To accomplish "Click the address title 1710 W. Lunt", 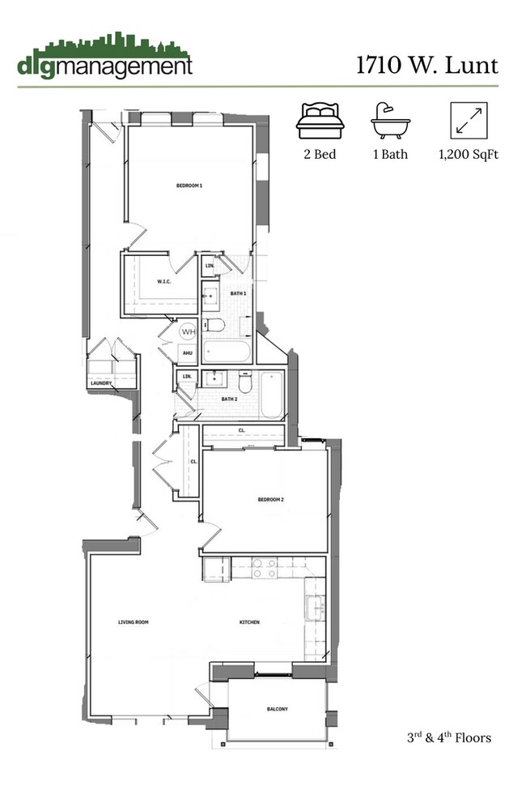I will [426, 64].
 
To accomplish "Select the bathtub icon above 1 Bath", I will [390, 121].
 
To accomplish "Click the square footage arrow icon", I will [468, 121].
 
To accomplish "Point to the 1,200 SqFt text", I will [468, 154].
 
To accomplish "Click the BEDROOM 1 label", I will [189, 186].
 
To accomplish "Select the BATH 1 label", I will [238, 293].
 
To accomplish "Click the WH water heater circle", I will [187, 332].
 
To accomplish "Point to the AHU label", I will [187, 353].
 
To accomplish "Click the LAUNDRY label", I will [101, 383].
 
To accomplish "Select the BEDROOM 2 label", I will [270, 500].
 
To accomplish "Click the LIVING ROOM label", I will [134, 622].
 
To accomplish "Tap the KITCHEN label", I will [248, 622].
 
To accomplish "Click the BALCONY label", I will [277, 710].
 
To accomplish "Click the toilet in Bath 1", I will [212, 326].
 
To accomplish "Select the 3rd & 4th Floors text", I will [449, 738].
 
